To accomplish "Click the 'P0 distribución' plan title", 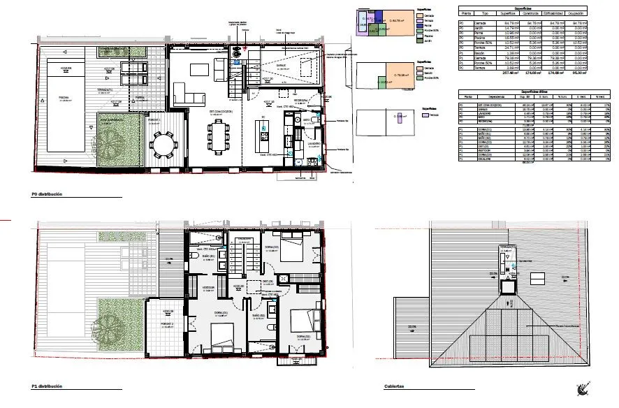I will (x=47, y=194).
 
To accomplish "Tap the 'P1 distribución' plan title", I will (x=47, y=386).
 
